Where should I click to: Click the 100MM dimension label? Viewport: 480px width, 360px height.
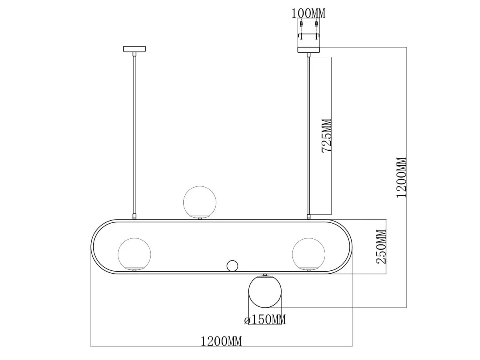[x=308, y=13]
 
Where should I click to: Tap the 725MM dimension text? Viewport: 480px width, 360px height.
[x=327, y=136]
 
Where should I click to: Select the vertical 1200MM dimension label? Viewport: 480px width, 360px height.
[x=402, y=178]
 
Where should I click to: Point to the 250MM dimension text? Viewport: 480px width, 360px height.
[x=381, y=247]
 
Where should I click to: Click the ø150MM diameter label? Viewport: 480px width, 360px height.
[x=265, y=320]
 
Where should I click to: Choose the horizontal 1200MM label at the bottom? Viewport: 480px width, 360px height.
[x=221, y=342]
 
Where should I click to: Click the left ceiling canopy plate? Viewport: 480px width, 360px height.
[x=134, y=49]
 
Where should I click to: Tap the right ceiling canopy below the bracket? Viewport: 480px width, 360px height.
[x=308, y=50]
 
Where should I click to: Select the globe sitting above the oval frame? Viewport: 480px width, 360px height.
[x=200, y=202]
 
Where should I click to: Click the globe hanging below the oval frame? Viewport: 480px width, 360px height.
[x=265, y=291]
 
